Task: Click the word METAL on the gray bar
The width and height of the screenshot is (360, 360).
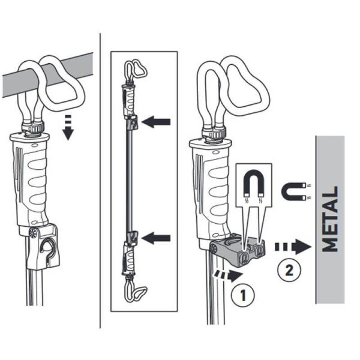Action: [330, 219]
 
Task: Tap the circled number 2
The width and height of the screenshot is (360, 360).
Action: [287, 269]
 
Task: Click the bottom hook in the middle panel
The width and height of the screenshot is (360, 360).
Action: [136, 293]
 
